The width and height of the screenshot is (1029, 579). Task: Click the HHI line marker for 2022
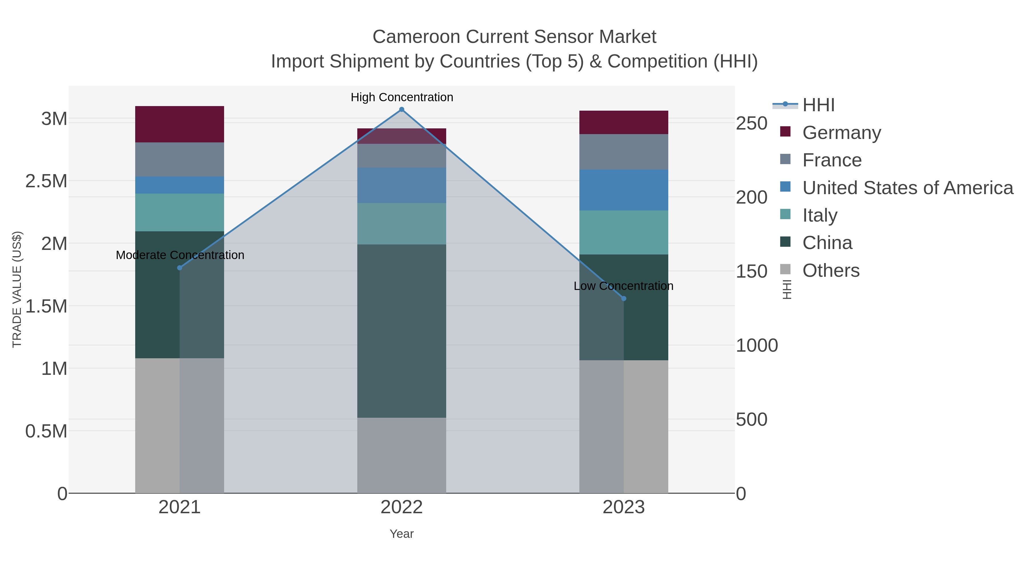point(402,110)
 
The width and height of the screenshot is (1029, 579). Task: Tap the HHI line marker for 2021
point(179,268)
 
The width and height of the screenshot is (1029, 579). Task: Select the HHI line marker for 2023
point(624,299)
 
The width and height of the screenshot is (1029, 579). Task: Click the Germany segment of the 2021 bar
point(179,124)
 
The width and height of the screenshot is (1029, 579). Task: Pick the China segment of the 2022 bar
point(402,331)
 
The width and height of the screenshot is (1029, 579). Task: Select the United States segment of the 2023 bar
point(624,190)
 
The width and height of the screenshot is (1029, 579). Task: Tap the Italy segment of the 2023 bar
point(624,232)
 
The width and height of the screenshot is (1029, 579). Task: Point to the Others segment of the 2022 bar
point(402,455)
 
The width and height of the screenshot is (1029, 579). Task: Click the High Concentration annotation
point(402,97)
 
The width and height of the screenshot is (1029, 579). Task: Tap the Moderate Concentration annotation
point(180,255)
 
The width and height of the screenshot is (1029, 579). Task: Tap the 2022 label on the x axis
point(402,508)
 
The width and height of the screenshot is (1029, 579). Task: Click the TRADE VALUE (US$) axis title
point(17,289)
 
